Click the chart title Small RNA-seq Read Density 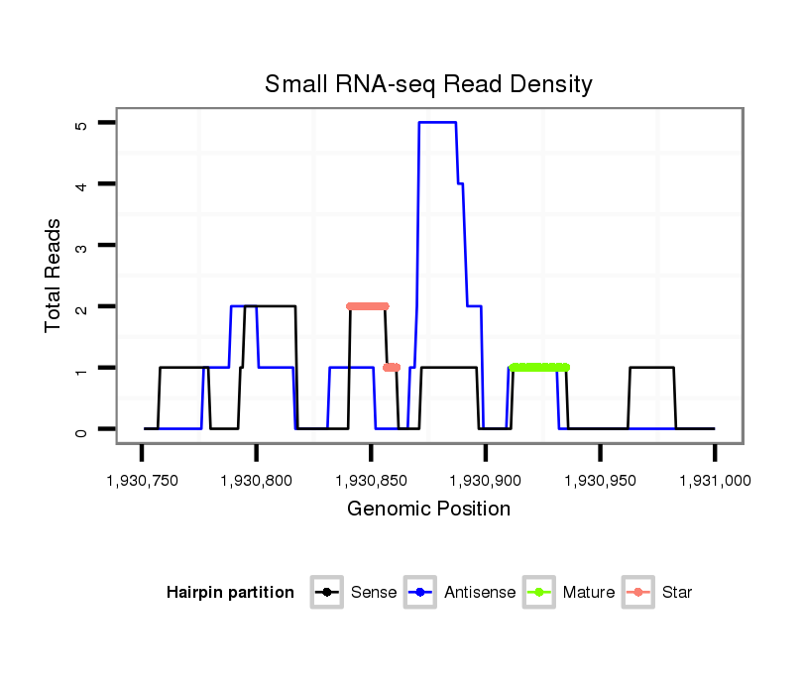(x=428, y=84)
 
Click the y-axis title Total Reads (x=53, y=276)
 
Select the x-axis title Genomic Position (x=428, y=510)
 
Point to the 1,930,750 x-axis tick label (x=142, y=481)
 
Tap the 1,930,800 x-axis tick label (x=257, y=481)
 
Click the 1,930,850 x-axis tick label (x=371, y=481)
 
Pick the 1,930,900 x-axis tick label (x=486, y=481)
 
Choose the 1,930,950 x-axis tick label (x=600, y=481)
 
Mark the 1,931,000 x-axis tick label (x=714, y=481)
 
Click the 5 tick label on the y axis (x=80, y=124)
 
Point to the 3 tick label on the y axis (x=80, y=246)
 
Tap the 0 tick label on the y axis (x=80, y=429)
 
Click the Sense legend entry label (x=374, y=593)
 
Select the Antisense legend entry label (x=480, y=593)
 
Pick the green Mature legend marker (x=542, y=593)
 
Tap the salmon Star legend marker (x=639, y=593)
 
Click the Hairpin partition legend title (x=230, y=593)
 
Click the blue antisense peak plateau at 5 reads (x=437, y=123)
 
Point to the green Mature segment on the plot (x=539, y=368)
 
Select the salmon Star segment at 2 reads (x=367, y=306)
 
